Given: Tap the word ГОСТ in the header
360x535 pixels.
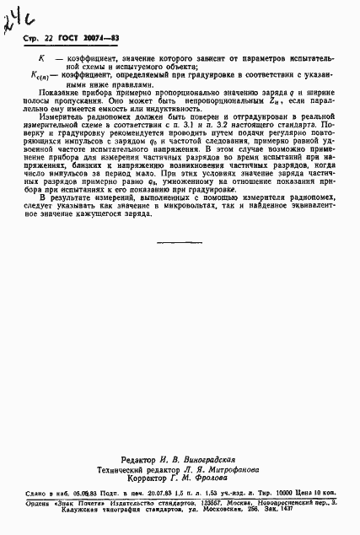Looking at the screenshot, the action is point(65,39).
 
